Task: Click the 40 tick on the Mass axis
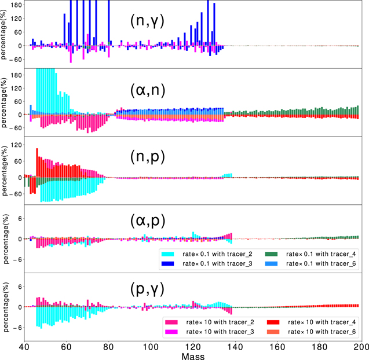pyautogui.click(x=24, y=346)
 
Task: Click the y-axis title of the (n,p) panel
pyautogui.click(x=6, y=171)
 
